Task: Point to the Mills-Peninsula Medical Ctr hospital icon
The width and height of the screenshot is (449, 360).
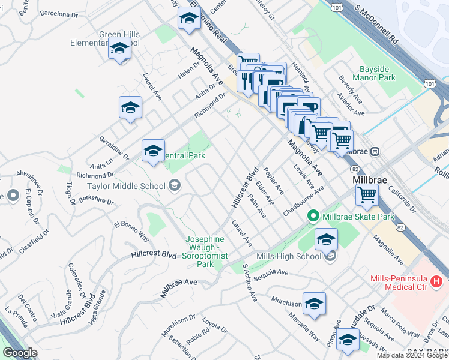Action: point(436,280)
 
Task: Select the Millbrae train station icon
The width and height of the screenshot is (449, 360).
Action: point(375,152)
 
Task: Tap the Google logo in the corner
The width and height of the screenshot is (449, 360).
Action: point(20,353)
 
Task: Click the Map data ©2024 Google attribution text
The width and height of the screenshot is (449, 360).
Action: point(412,355)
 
